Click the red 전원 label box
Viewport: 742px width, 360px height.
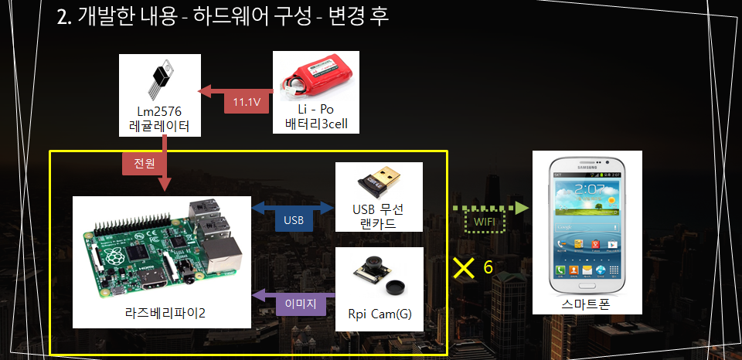click(145, 163)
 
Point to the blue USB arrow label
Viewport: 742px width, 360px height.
click(294, 220)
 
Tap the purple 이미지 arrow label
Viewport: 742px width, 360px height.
click(301, 304)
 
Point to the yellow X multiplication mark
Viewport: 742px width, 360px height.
click(464, 267)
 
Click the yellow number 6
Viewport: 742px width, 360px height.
click(488, 267)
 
